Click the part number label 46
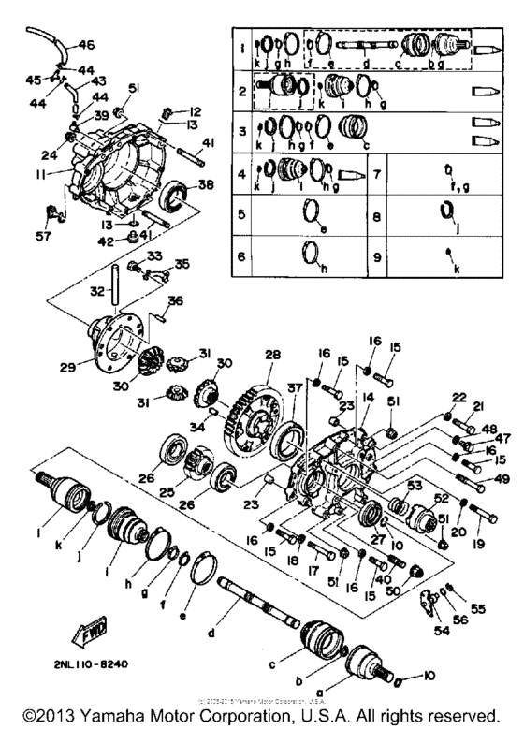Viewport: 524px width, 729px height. (x=86, y=44)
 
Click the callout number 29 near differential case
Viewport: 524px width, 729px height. (x=66, y=367)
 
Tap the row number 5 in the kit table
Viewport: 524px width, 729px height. (x=241, y=214)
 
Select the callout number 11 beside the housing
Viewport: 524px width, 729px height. (x=43, y=174)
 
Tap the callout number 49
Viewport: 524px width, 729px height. (x=492, y=479)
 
